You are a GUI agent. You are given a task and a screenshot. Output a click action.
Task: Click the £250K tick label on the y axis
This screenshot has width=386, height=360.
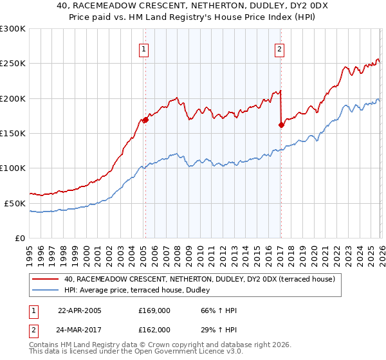pyautogui.click(x=13, y=64)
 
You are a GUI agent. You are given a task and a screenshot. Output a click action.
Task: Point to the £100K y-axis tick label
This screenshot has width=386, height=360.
pyautogui.click(x=13, y=168)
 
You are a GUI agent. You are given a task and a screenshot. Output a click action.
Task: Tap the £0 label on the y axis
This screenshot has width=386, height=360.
pyautogui.click(x=19, y=238)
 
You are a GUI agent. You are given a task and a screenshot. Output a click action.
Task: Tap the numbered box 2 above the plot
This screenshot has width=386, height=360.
pyautogui.click(x=280, y=49)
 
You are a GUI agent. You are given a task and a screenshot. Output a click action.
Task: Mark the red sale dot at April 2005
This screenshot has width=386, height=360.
pyautogui.click(x=145, y=120)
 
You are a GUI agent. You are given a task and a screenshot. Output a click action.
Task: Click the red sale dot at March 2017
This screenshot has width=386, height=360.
pyautogui.click(x=281, y=125)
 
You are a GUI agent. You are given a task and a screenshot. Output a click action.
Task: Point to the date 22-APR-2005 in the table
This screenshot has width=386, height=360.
pyautogui.click(x=80, y=310)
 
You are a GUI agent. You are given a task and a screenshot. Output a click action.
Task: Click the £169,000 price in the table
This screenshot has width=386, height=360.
pyautogui.click(x=154, y=310)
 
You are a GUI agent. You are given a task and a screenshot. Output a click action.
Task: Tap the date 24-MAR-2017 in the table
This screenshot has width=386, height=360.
pyautogui.click(x=80, y=329)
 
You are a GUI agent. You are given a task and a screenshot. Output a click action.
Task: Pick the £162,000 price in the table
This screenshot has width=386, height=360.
pyautogui.click(x=154, y=329)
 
